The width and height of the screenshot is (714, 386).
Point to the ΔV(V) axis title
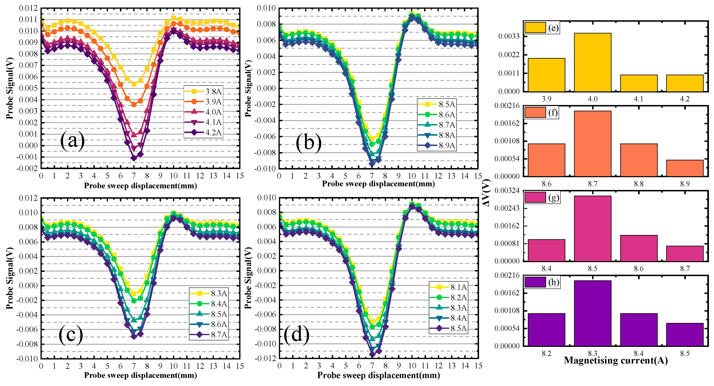point(486,193)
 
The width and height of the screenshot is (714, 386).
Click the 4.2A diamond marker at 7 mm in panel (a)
point(134,158)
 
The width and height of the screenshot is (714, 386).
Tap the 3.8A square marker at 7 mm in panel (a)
point(134,84)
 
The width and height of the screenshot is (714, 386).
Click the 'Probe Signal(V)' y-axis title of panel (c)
point(10,278)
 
